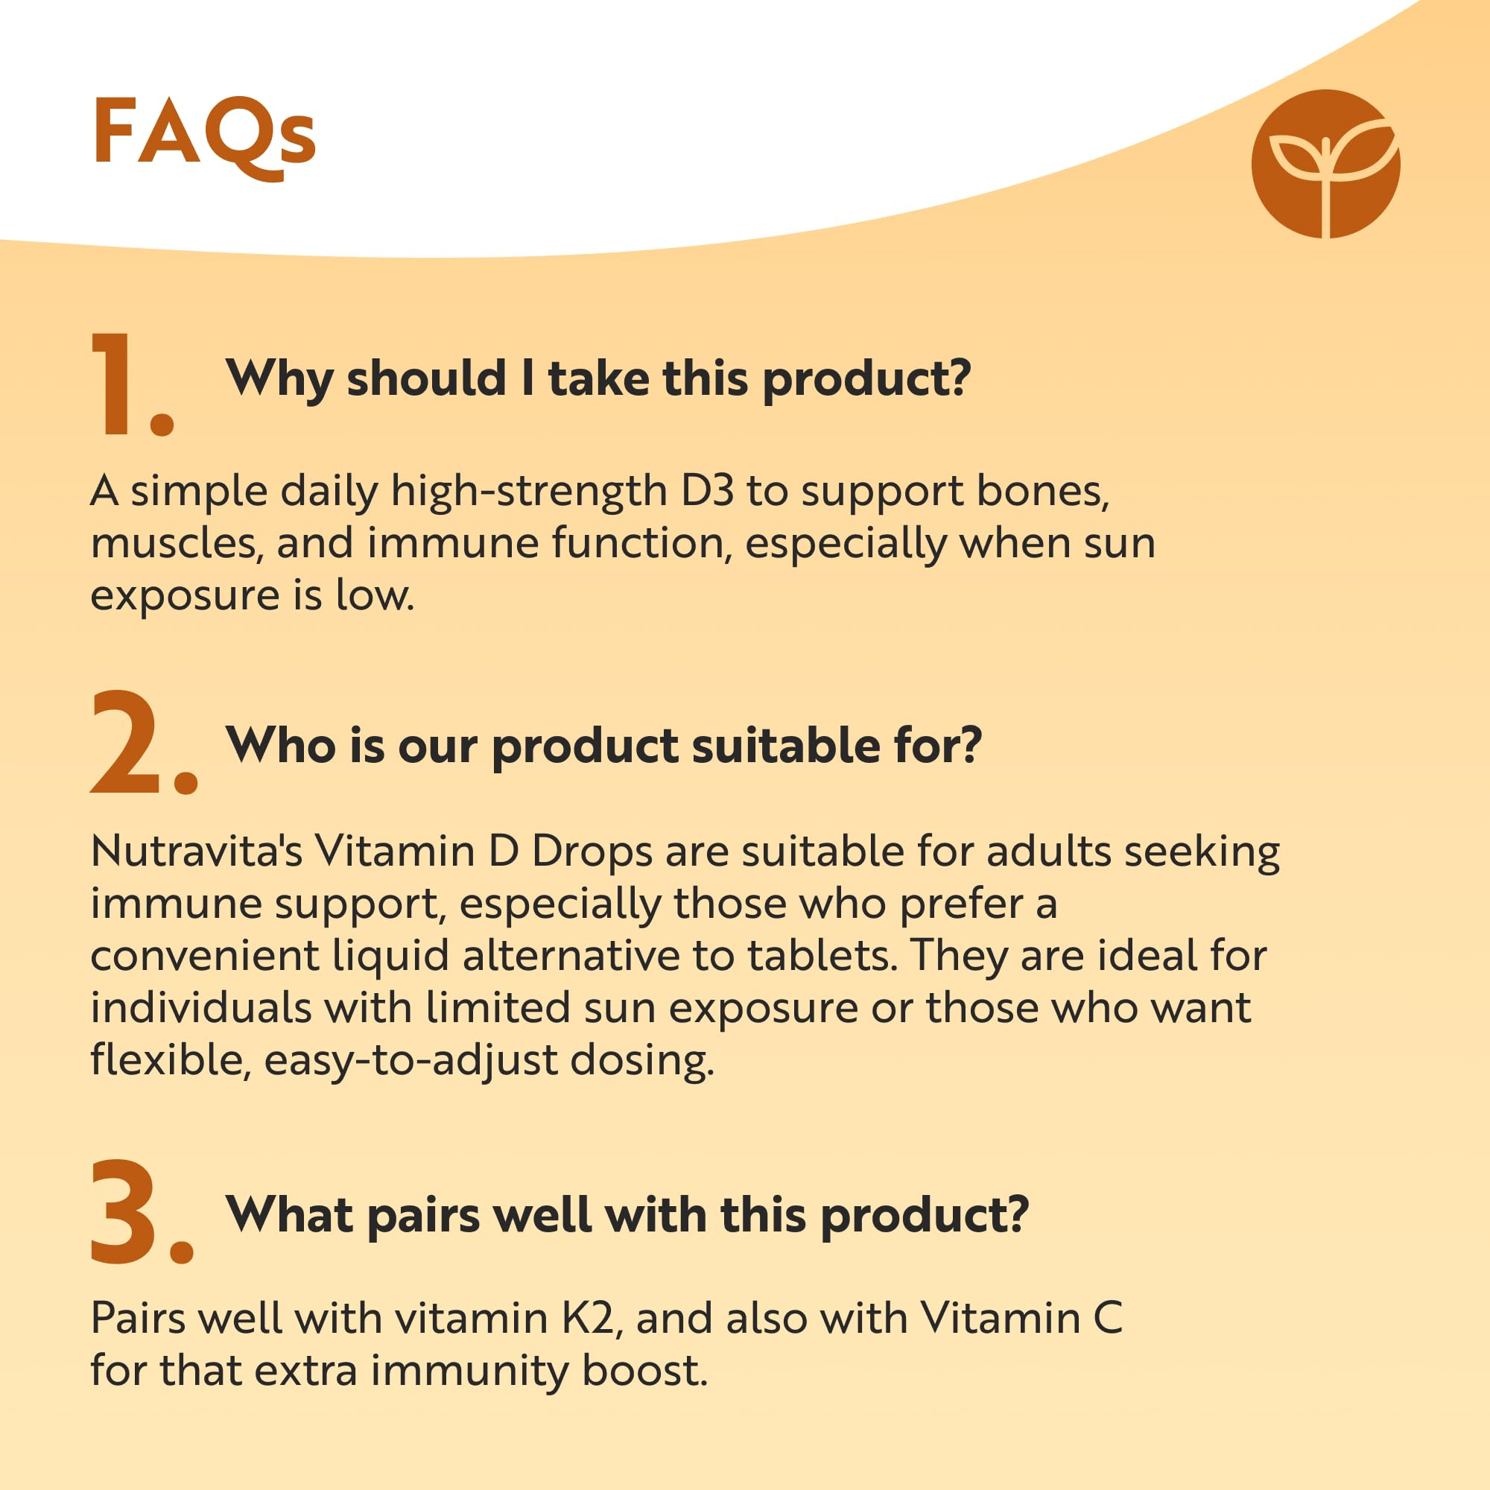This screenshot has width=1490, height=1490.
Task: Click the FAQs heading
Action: [x=204, y=137]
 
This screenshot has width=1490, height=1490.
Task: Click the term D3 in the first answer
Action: [x=707, y=491]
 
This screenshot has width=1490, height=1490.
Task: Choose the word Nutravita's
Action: [x=197, y=852]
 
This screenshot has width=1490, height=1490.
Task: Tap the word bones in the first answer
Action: [x=1043, y=491]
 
